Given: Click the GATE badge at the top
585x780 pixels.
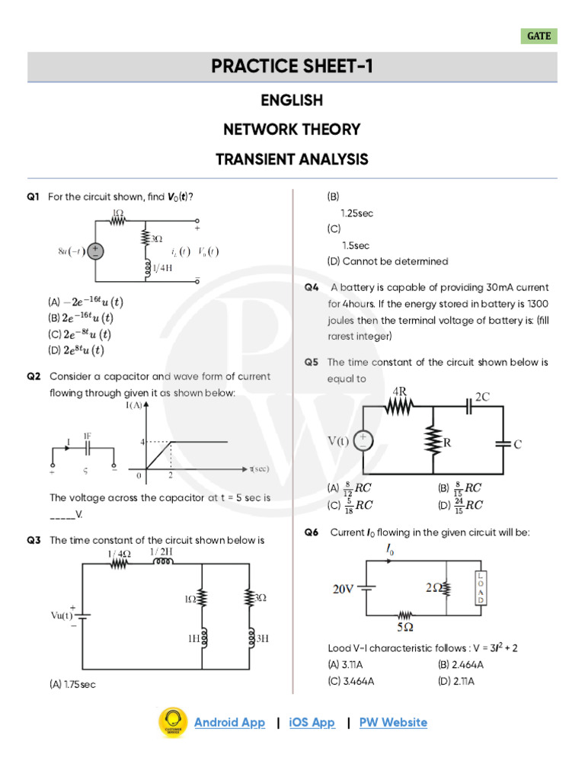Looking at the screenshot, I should (x=539, y=37).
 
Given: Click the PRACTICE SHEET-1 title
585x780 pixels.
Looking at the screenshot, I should (x=292, y=67).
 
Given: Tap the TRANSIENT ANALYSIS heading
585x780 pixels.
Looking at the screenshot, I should (x=292, y=159).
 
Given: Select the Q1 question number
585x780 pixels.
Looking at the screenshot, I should (x=33, y=197).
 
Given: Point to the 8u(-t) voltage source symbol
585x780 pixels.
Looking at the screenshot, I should (x=96, y=251).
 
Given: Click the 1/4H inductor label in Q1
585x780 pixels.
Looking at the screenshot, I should (x=162, y=268).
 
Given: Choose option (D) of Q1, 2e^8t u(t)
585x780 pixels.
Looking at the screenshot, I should (x=76, y=350).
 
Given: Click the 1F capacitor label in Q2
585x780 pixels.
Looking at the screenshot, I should (x=88, y=434).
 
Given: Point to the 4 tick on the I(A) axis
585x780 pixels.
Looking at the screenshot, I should (x=141, y=441).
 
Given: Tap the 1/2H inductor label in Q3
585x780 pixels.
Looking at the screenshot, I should (x=161, y=551).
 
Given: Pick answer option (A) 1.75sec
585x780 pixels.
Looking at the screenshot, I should (x=72, y=685).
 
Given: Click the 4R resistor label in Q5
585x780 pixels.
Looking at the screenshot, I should (x=399, y=392).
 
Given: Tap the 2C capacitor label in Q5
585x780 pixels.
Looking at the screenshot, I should (x=482, y=397).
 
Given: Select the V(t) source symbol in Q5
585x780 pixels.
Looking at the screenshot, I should (x=363, y=440).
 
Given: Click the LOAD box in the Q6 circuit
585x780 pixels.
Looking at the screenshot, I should (x=481, y=588).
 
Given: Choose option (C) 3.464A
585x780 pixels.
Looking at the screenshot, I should (x=351, y=680).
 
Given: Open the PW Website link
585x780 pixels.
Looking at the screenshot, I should (x=393, y=722).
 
